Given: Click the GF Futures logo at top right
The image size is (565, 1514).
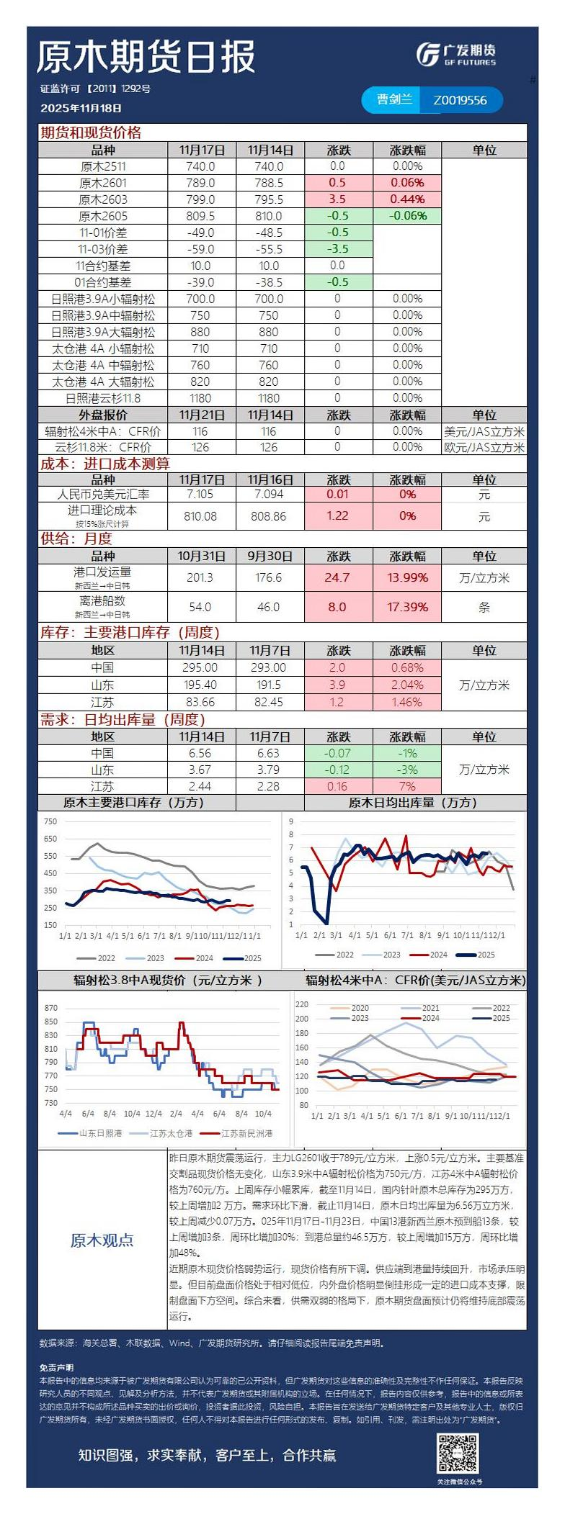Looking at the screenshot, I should (456, 54).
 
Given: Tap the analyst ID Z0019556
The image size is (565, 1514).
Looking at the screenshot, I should (460, 101).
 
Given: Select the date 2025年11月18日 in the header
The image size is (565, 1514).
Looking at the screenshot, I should (81, 108).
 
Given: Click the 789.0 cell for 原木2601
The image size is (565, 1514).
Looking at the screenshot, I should (200, 183).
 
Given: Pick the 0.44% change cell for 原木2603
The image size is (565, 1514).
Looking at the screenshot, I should (407, 199).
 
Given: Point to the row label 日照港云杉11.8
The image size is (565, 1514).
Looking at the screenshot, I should (103, 398).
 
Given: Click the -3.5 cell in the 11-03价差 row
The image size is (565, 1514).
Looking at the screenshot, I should (337, 249).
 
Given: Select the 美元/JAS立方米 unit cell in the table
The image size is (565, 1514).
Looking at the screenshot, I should (484, 431).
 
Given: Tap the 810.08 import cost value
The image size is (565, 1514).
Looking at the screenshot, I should (200, 516).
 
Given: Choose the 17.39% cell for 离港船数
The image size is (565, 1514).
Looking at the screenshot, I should (407, 607).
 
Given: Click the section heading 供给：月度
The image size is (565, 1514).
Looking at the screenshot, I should (76, 539).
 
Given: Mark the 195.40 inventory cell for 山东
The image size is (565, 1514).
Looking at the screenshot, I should (200, 685).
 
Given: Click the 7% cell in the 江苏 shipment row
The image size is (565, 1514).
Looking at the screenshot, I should (407, 787).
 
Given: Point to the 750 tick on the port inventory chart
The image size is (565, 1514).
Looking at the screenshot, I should (50, 821).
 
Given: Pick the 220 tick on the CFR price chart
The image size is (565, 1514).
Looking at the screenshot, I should (301, 1004).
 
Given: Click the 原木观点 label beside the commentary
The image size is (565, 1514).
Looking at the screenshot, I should (102, 1240).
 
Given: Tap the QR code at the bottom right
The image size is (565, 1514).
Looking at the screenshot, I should (458, 1454).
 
